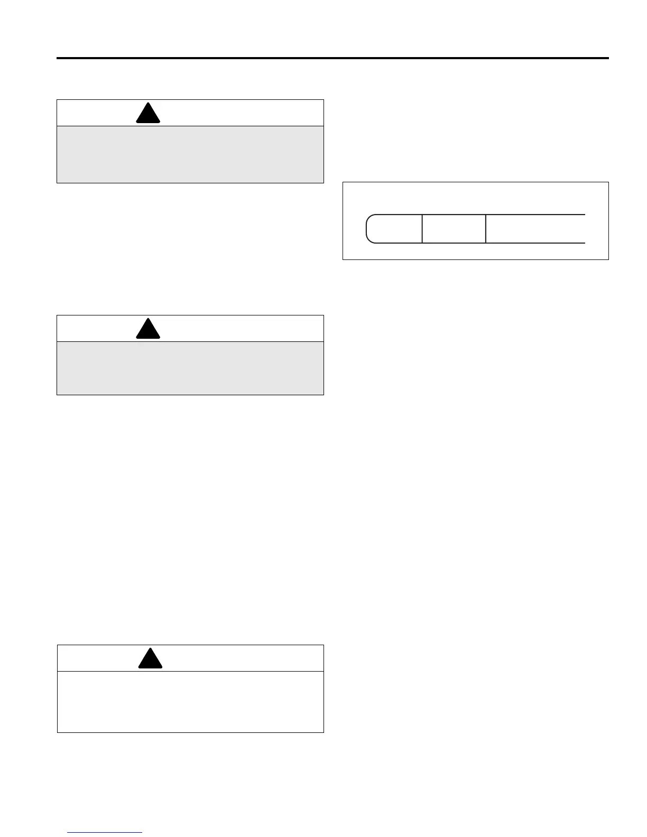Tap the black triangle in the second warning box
coord(148,330)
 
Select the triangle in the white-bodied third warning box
coord(150,659)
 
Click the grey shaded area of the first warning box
coord(190,154)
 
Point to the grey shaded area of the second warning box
coord(190,368)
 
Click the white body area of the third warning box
coord(190,702)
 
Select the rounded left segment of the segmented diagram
coord(394,229)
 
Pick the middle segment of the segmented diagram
coord(454,229)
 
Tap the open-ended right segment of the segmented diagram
coord(535,229)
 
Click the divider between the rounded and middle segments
coord(422,229)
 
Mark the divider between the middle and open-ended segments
coord(486,229)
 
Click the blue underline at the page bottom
coord(105,833)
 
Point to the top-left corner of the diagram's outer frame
coord(343,182)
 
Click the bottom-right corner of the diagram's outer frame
coord(608,259)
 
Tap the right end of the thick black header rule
coord(608,58)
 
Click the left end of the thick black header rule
coord(58,58)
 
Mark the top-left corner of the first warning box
coord(57,100)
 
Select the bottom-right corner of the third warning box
coord(323,732)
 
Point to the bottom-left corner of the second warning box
coord(57,395)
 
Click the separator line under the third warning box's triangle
coord(190,672)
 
